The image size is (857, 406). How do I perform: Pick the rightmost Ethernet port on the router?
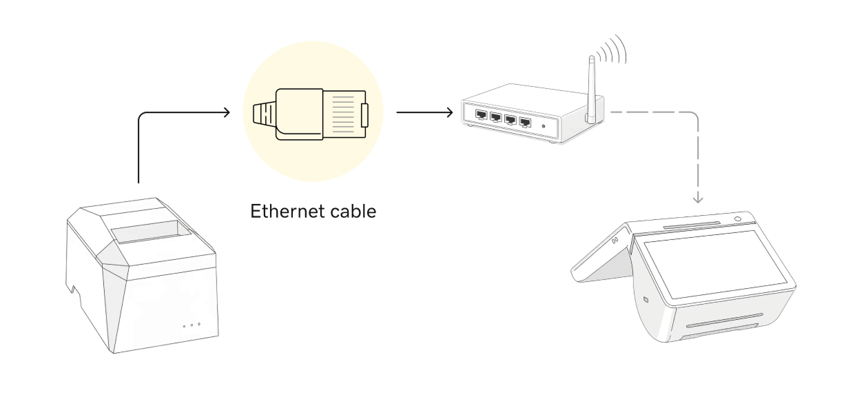[x=526, y=123]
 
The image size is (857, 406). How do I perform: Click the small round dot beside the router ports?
[x=544, y=125]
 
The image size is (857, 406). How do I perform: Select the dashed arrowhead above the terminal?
[x=698, y=199]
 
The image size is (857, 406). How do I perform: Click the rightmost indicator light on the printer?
[x=199, y=324]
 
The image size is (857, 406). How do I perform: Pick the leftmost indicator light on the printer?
[x=184, y=325]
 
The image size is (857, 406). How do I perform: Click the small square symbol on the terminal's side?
[x=644, y=300]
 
